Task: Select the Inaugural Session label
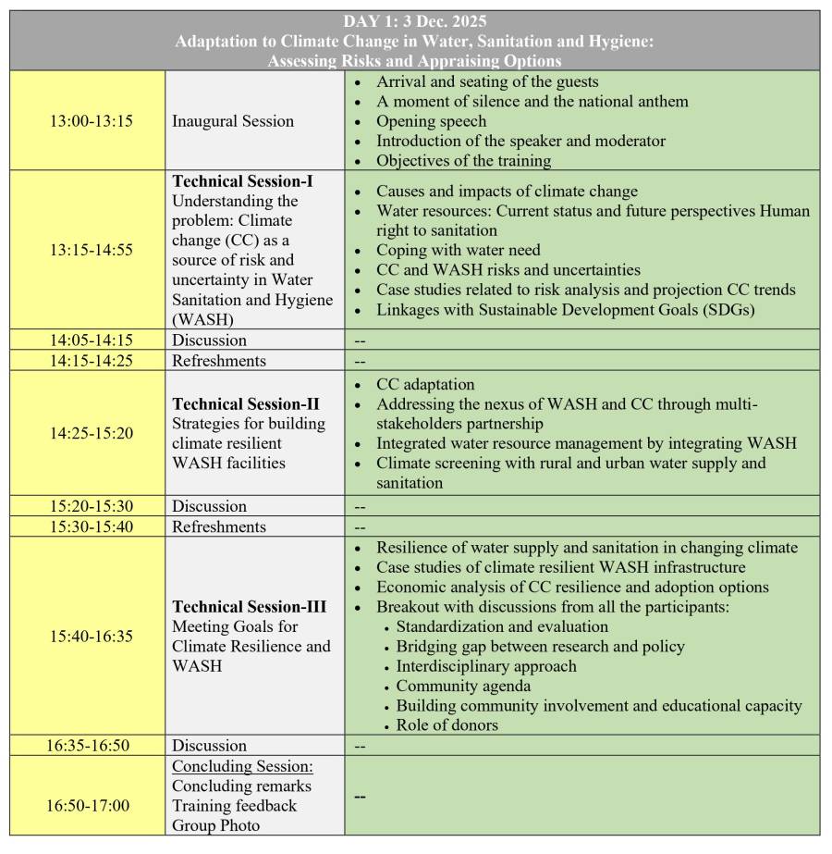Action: tap(233, 121)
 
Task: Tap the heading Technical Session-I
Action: tap(242, 181)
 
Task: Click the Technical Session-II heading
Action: tap(246, 403)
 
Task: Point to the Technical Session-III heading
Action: tap(250, 607)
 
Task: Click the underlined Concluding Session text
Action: tap(242, 766)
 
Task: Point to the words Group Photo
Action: tap(215, 825)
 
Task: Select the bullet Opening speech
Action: tap(431, 121)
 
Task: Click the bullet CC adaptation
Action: tap(425, 384)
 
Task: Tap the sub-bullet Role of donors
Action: tap(447, 725)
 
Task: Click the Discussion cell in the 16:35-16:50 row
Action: tap(209, 746)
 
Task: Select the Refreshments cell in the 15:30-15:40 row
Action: tap(218, 526)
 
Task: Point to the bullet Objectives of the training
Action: tap(463, 160)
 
